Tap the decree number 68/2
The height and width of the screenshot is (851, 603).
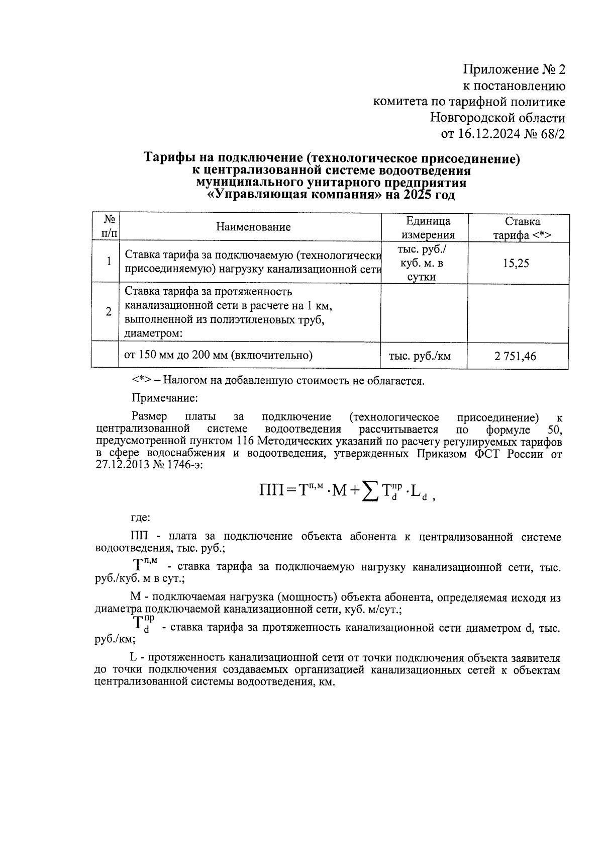click(551, 134)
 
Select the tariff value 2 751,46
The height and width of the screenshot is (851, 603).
click(515, 357)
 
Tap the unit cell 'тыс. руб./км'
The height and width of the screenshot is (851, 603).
click(420, 357)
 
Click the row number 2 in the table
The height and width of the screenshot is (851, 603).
click(108, 311)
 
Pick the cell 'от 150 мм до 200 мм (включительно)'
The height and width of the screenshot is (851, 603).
click(218, 356)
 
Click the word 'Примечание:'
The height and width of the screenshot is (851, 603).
click(165, 398)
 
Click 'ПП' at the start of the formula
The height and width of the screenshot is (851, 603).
click(271, 489)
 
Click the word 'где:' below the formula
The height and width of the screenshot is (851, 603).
click(140, 517)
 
